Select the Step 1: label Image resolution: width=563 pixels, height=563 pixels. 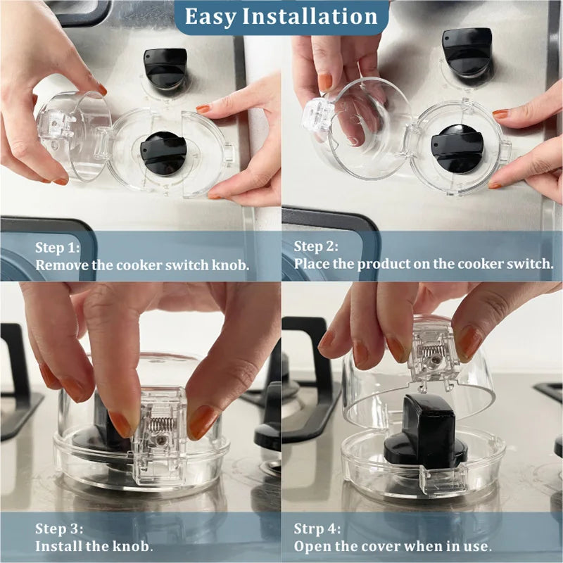tap(58, 248)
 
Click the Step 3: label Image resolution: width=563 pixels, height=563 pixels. tap(58, 529)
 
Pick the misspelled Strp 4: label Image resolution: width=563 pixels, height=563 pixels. tap(317, 529)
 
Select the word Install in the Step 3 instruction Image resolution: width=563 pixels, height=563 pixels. tap(59, 546)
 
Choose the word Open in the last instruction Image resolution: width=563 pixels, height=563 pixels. tap(311, 546)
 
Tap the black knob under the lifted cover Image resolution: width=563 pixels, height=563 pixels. tap(426, 433)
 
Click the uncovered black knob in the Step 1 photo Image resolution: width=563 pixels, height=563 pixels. tap(165, 66)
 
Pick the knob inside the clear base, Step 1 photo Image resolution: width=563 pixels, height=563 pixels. tap(163, 152)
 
